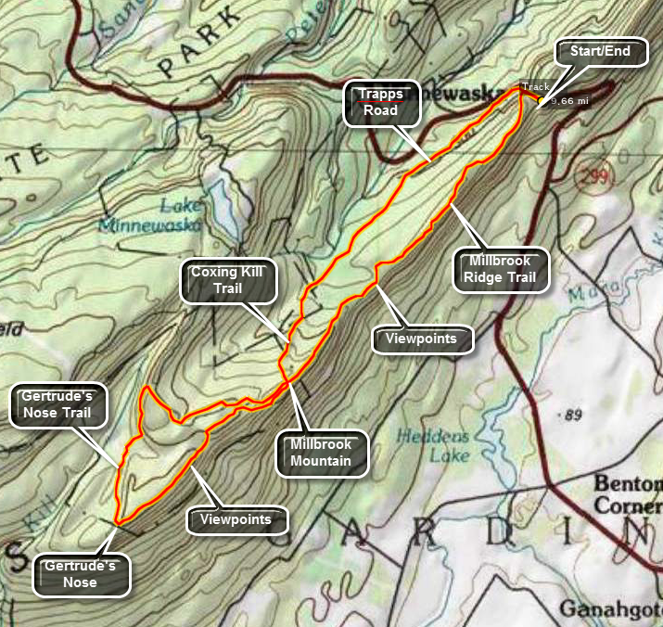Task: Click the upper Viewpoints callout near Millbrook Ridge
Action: point(422,339)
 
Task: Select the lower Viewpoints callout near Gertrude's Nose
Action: point(237,519)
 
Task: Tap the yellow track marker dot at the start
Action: point(542,99)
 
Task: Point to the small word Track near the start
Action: point(536,86)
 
